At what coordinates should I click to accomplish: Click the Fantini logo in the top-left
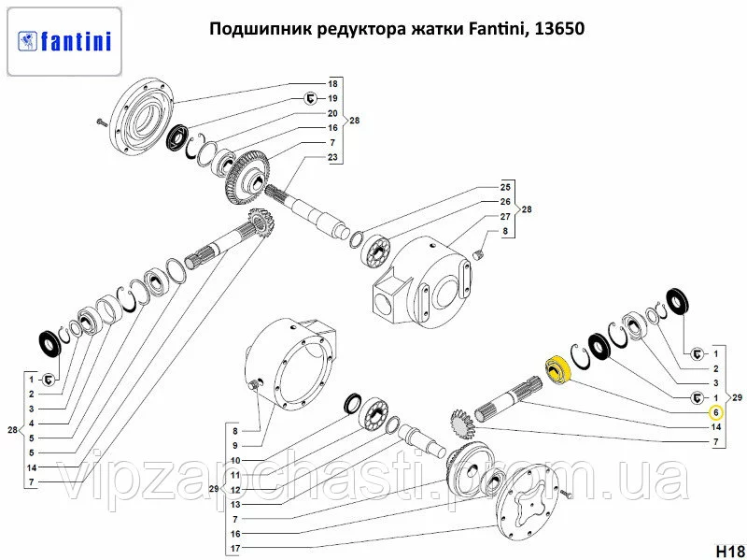64,41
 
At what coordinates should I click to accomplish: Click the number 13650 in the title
559,29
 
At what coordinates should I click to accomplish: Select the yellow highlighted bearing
557,369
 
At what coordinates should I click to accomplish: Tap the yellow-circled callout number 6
716,412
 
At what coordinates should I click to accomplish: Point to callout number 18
332,84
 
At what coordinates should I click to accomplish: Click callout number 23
332,157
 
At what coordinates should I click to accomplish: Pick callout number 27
505,217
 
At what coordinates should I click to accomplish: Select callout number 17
235,549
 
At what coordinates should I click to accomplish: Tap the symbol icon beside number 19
310,99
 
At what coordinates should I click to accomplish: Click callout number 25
505,188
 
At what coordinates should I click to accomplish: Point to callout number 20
332,113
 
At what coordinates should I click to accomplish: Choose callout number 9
235,446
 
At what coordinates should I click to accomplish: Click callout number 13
235,505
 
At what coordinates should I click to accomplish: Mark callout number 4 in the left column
32,424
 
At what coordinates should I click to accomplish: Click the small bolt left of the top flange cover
102,122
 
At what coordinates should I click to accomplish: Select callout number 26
505,202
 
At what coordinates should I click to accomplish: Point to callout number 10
235,461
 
